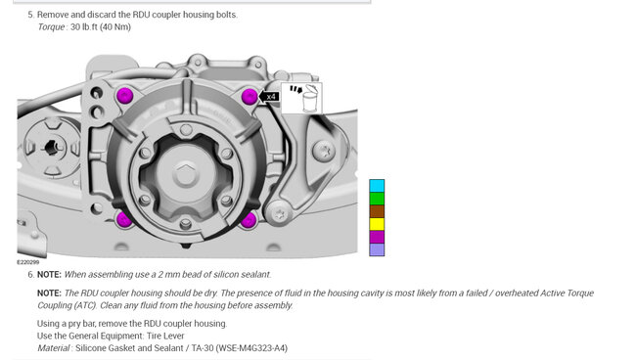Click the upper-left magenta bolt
point(124,96)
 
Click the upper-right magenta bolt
point(250,97)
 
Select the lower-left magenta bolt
point(124,220)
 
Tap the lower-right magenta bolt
point(249,220)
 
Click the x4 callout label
point(269,97)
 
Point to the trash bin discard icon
point(301,98)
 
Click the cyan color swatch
point(377,186)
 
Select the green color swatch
point(377,199)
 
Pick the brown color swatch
point(377,211)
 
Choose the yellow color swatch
point(377,224)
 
